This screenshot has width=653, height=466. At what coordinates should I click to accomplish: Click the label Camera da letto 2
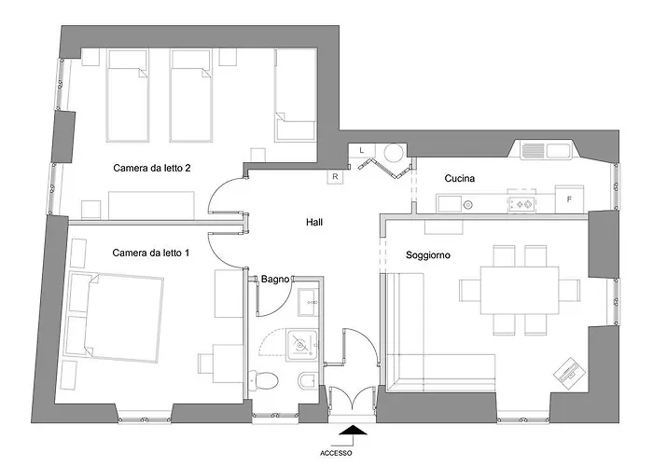click(x=152, y=168)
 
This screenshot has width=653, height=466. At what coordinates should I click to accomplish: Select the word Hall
click(x=314, y=223)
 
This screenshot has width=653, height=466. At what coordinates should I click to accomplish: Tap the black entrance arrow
click(x=353, y=430)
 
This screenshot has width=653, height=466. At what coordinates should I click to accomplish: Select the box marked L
click(x=362, y=150)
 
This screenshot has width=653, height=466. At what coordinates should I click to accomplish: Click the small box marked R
click(x=334, y=175)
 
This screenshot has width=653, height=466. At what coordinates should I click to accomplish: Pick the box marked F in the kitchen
click(x=569, y=199)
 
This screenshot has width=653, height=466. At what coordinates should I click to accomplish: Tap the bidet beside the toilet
click(x=306, y=380)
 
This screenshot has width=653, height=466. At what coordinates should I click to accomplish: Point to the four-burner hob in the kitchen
click(x=521, y=201)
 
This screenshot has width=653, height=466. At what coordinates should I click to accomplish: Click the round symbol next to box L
click(x=396, y=152)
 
